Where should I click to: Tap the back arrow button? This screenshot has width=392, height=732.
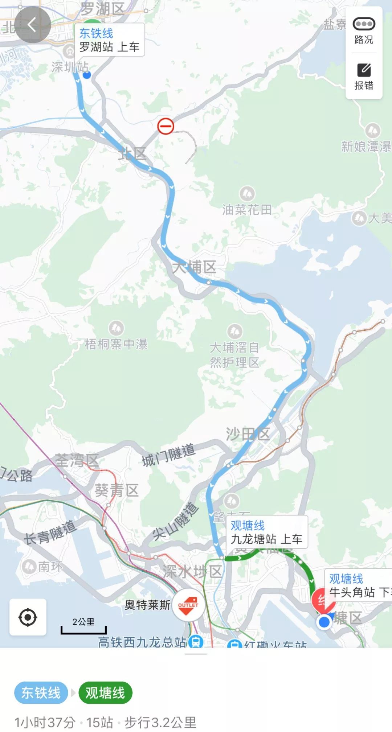pyautogui.click(x=32, y=25)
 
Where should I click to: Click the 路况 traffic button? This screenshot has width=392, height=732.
pyautogui.click(x=364, y=31)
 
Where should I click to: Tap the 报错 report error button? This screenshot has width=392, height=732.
pyautogui.click(x=364, y=76)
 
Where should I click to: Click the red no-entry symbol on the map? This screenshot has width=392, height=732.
pyautogui.click(x=166, y=126)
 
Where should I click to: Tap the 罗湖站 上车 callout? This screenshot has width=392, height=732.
pyautogui.click(x=109, y=40)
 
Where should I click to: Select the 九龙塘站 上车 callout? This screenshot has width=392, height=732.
pyautogui.click(x=266, y=532)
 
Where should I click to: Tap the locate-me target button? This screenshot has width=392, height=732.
pyautogui.click(x=28, y=617)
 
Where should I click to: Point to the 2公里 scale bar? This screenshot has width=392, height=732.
pyautogui.click(x=83, y=626)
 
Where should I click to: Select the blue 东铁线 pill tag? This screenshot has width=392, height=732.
pyautogui.click(x=41, y=693)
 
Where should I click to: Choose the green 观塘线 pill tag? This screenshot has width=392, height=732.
pyautogui.click(x=105, y=693)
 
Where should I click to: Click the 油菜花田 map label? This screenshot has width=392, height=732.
pyautogui.click(x=247, y=209)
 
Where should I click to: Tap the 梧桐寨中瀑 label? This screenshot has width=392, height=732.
pyautogui.click(x=116, y=344)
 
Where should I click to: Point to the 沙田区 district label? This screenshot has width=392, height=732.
pyautogui.click(x=248, y=434)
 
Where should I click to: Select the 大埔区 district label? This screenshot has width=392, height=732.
pyautogui.click(x=194, y=267)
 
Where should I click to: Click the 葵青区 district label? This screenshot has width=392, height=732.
pyautogui.click(x=117, y=490)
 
